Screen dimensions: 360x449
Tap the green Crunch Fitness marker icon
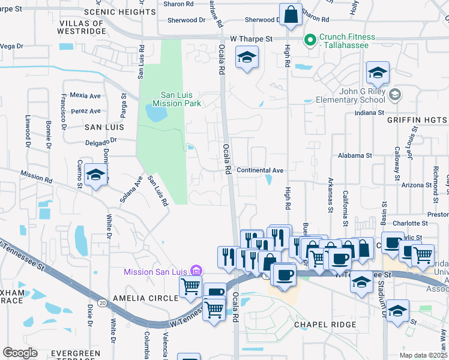point(310,41)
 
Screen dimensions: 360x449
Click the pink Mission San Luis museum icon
point(194,271)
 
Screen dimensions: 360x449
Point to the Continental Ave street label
point(260,170)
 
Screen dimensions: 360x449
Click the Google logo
point(20,353)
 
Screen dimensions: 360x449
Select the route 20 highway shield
point(102,302)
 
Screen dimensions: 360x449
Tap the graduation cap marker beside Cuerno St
point(96,175)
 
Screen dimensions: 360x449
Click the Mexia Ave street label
point(85,95)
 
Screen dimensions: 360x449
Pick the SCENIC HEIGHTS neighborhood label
point(119,12)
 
